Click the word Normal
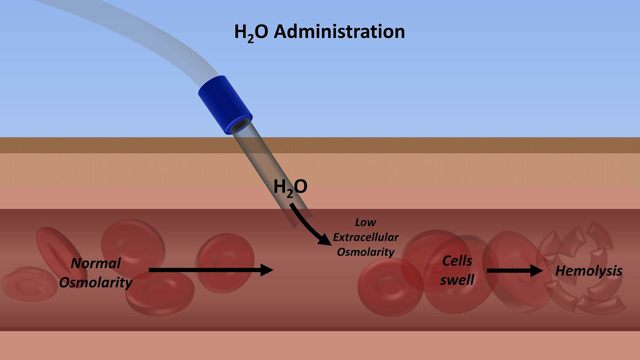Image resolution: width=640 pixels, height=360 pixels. point(95,263)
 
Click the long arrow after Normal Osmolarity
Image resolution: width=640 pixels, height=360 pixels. point(210,269)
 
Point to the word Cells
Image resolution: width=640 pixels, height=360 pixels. point(458,260)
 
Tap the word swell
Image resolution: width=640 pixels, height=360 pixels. point(458,279)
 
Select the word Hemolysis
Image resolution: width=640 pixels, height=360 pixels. point(589,271)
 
